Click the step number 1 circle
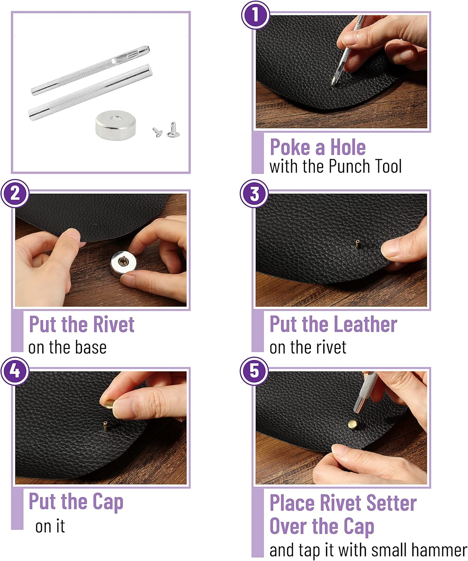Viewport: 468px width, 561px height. coord(255,15)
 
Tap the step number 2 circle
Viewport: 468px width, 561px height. coord(15,193)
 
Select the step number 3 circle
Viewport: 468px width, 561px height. coord(254,193)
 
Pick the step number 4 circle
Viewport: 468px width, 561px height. coord(15,371)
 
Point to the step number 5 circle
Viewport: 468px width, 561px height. coord(254,371)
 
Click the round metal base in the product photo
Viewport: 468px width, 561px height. coord(116,125)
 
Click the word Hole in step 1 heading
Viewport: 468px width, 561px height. coord(348,147)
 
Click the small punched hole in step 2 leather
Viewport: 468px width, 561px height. coord(95,224)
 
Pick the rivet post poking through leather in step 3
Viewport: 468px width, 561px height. coord(357,244)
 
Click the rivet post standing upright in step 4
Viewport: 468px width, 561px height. coord(105,426)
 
